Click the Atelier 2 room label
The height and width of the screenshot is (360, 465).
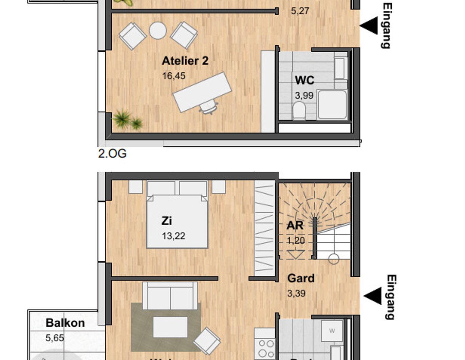click(185, 61)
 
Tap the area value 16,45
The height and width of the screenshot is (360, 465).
click(174, 76)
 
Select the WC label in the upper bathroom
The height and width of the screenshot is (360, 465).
click(304, 80)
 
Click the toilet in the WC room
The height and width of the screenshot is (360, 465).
click(299, 110)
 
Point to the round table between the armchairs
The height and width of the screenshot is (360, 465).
click(158, 31)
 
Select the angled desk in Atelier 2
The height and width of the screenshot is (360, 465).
click(202, 92)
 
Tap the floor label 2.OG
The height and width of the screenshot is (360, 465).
click(112, 154)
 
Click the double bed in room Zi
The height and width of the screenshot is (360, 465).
click(177, 217)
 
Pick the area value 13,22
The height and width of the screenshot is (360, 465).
click(173, 236)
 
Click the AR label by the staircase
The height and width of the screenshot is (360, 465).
click(295, 226)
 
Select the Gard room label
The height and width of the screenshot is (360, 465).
click(301, 278)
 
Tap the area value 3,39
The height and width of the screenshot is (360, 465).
click(296, 293)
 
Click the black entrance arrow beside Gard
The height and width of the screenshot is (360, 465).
click(373, 296)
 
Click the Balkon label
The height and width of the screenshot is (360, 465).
click(65, 323)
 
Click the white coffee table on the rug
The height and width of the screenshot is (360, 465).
click(170, 327)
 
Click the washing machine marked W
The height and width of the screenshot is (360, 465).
click(332, 330)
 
